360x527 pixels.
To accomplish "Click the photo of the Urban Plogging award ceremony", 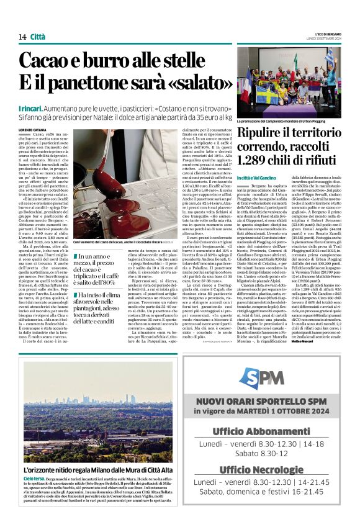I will (289, 84).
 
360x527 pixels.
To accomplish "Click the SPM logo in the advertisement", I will (261, 377).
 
